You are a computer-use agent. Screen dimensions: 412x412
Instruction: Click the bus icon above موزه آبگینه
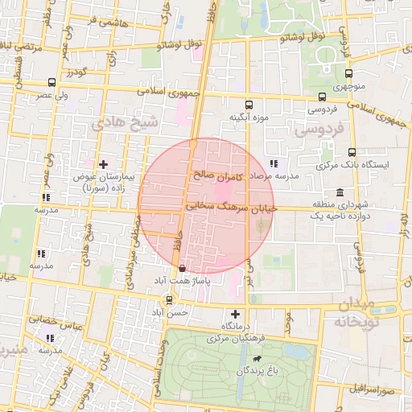[x=248, y=104]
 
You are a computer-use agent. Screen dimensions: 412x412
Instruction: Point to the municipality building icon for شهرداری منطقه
[x=340, y=193]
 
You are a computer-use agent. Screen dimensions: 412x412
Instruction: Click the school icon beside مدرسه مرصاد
[x=274, y=163]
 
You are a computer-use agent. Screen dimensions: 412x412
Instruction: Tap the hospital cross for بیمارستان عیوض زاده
[x=103, y=163]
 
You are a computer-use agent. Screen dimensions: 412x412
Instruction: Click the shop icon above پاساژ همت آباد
[x=182, y=268]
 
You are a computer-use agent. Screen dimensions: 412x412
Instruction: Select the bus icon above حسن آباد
[x=168, y=299]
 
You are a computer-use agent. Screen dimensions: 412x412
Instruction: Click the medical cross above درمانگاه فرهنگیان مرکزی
[x=235, y=314]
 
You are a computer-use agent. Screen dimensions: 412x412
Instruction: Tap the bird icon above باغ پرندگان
[x=256, y=358]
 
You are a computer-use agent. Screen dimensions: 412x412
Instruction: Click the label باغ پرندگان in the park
[x=254, y=371]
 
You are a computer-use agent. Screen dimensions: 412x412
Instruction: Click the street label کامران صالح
[x=217, y=174]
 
